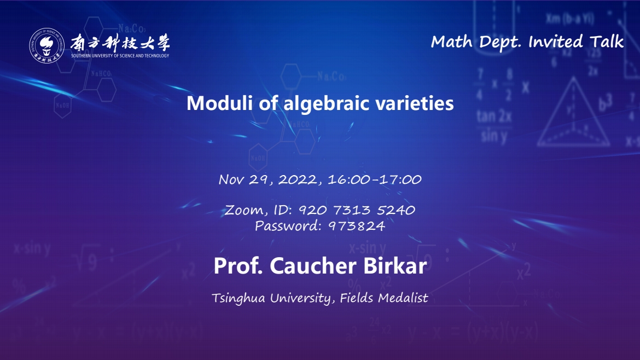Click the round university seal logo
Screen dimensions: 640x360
[x=46, y=45]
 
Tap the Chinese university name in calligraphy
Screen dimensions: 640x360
[x=120, y=43]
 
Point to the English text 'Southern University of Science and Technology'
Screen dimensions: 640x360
[x=120, y=56]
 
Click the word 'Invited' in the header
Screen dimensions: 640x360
[x=556, y=42]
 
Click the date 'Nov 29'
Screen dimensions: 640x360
[x=243, y=179]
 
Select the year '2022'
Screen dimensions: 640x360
[x=298, y=179]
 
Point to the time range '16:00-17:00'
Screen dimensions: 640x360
[x=375, y=179]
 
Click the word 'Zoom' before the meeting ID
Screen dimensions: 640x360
[x=244, y=210]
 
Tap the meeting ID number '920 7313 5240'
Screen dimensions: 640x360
[x=357, y=210]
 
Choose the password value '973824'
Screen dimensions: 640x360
[x=357, y=226]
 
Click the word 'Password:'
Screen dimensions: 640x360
[x=288, y=226]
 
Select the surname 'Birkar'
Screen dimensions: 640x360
[x=395, y=266]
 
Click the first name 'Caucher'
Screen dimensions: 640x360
[x=313, y=266]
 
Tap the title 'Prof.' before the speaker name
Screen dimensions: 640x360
[x=238, y=266]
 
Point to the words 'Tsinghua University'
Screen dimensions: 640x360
[x=271, y=298]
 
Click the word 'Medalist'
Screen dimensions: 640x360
[x=403, y=298]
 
